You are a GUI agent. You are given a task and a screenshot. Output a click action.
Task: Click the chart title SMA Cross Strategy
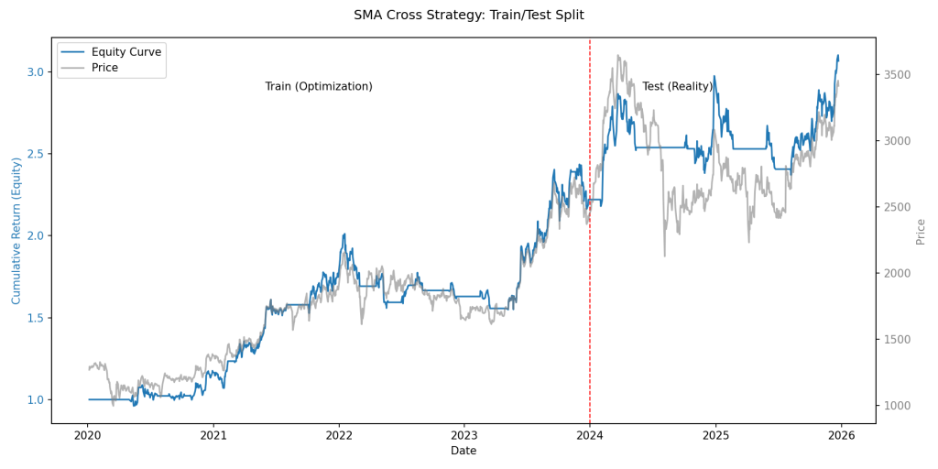[468, 15]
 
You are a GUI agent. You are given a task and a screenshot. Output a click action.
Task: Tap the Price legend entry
[104, 68]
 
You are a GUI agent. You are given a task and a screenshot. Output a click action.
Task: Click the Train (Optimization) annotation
[319, 86]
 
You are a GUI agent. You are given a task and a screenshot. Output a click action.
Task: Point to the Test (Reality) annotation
[677, 86]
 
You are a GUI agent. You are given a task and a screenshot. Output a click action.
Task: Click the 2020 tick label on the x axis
[88, 436]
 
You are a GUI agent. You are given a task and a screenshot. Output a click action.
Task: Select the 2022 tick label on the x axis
[339, 436]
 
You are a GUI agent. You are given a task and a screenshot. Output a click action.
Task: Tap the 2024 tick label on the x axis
[590, 436]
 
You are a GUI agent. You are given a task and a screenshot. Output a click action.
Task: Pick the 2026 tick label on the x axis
[841, 436]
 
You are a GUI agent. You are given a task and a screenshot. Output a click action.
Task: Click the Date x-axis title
[464, 451]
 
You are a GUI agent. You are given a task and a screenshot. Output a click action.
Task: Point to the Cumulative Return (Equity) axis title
[16, 231]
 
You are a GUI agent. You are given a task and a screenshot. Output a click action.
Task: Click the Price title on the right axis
[921, 231]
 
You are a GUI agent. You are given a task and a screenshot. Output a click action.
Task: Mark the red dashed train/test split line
[590, 275]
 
